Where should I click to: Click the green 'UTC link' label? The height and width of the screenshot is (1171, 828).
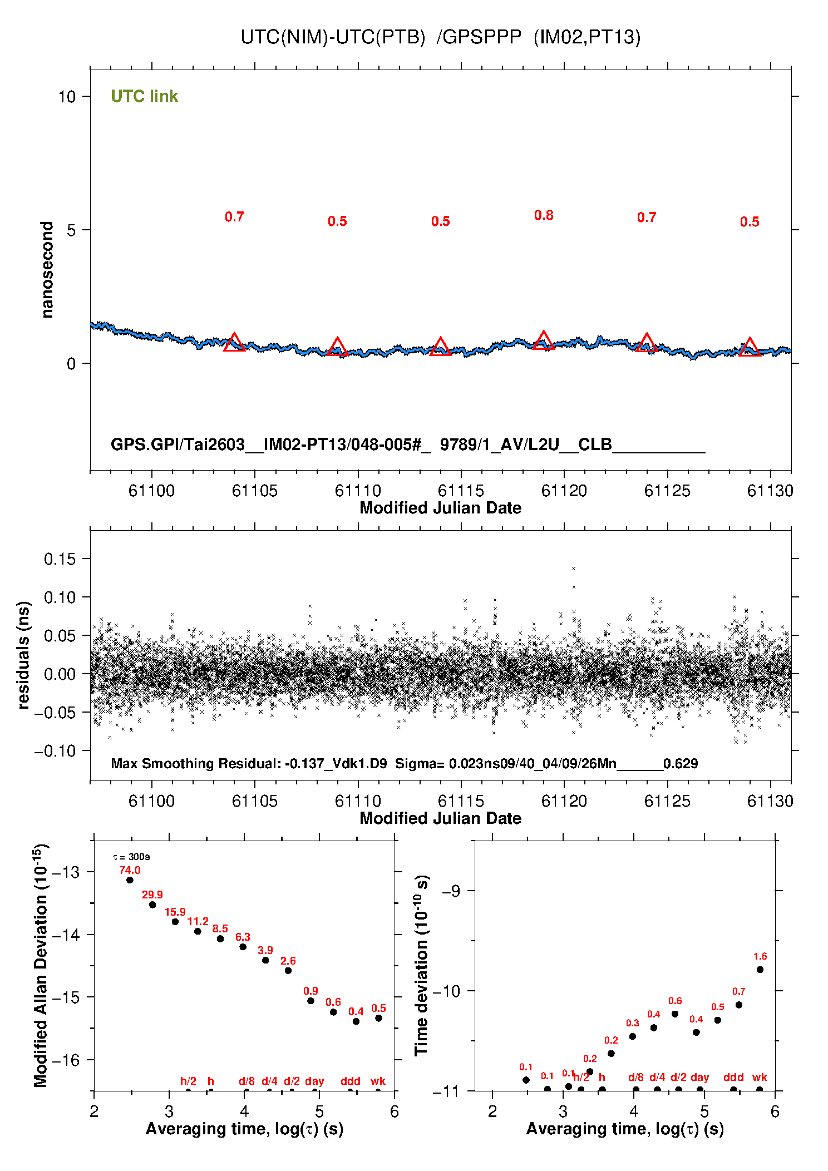coord(144,96)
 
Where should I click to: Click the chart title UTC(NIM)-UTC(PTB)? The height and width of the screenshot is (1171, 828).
coord(332,37)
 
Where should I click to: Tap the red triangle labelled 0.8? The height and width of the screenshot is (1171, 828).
coord(543,340)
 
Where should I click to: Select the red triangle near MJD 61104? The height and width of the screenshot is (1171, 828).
coord(234,343)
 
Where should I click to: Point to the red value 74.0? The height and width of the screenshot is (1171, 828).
coord(130,870)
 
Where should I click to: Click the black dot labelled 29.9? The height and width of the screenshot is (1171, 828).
coord(152,905)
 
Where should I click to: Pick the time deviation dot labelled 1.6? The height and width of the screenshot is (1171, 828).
coord(760,970)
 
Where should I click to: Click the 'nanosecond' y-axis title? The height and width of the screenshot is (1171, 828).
coord(47,269)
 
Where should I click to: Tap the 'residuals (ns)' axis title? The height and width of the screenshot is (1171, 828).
coord(23,655)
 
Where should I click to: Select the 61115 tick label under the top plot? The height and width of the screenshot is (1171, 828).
coord(461,491)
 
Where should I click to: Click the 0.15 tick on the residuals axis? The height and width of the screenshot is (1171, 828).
coord(60,559)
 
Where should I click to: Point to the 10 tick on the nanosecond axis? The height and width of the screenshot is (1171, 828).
coord(67,97)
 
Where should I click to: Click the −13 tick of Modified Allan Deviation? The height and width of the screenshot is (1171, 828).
coord(65,872)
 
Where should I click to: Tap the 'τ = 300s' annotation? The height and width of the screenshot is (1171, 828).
coord(131,857)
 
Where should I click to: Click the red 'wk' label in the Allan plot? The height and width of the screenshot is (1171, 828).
coord(378,1081)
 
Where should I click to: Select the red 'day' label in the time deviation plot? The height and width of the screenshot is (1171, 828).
coord(699,1077)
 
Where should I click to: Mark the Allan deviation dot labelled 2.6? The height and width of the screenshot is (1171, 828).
coord(288,971)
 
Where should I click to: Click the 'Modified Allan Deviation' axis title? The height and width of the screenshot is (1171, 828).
coord(41,965)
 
